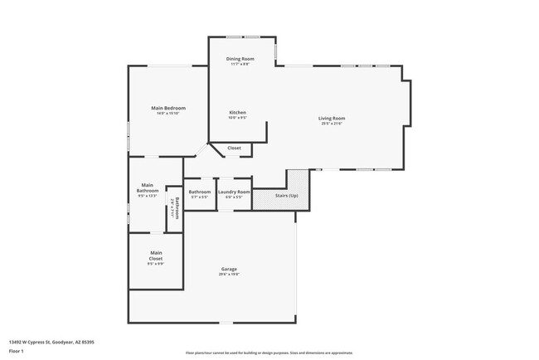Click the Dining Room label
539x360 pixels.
click(x=240, y=59)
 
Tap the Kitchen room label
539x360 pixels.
click(x=238, y=113)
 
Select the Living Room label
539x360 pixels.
click(x=332, y=119)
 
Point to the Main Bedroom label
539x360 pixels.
click(x=168, y=109)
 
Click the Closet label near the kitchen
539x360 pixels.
click(x=235, y=148)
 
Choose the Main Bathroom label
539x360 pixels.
click(x=147, y=188)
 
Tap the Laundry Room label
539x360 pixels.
click(x=234, y=192)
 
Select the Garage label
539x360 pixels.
click(x=229, y=270)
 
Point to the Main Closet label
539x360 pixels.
click(x=156, y=255)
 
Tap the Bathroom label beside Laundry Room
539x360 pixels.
click(x=200, y=192)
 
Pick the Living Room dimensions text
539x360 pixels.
click(x=332, y=124)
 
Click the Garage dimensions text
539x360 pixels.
click(x=229, y=275)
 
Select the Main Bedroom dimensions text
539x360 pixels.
click(x=168, y=114)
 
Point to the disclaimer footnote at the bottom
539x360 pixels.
click(x=269, y=352)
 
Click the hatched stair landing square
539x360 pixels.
click(x=298, y=180)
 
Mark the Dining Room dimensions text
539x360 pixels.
click(x=240, y=65)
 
